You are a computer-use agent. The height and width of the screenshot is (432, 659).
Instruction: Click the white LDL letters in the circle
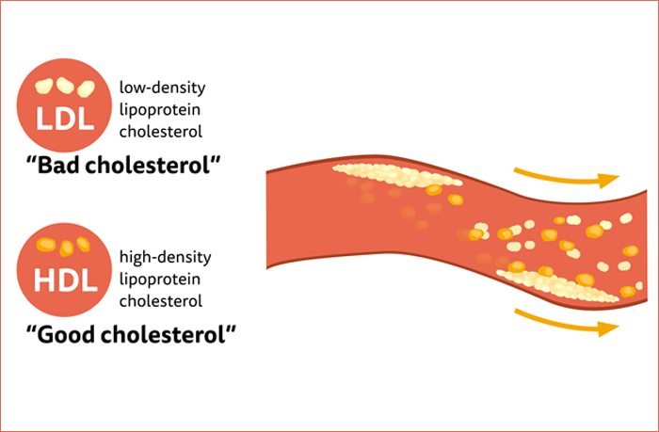(x=65, y=120)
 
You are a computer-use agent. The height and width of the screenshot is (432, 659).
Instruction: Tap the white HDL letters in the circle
(x=65, y=280)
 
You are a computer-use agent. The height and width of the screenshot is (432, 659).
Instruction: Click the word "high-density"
(x=166, y=257)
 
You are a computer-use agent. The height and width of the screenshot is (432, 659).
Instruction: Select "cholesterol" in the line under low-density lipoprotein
(x=161, y=132)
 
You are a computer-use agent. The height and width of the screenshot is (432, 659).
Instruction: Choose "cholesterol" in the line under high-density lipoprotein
(x=161, y=301)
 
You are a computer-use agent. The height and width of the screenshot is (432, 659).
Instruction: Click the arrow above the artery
(x=565, y=176)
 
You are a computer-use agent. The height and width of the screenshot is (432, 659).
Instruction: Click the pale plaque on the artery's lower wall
(x=555, y=285)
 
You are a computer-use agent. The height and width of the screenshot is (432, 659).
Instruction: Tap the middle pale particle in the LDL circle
(x=66, y=85)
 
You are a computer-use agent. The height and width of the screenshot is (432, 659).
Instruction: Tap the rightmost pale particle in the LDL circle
(x=86, y=88)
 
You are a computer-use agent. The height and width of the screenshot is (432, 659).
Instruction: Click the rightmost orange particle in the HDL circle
(x=84, y=245)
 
